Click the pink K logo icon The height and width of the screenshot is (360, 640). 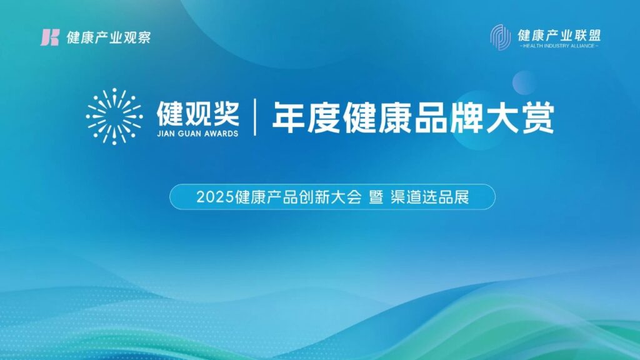coord(50,37)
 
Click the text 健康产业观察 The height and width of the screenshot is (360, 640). coord(109,37)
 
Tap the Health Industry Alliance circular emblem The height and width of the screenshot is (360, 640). coord(501,37)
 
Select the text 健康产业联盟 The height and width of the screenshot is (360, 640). coord(559,35)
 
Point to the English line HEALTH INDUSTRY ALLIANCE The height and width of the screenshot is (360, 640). coord(559,46)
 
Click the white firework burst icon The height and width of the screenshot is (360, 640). coord(114,116)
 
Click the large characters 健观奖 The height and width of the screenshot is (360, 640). coord(198,114)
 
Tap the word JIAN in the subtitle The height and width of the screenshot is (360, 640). coord(165,134)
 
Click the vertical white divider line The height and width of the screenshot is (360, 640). coord(255,117)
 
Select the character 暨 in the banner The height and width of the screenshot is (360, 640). coord(376,197)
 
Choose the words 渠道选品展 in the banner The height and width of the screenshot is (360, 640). coord(430,197)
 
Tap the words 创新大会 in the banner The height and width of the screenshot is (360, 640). coord(330,197)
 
